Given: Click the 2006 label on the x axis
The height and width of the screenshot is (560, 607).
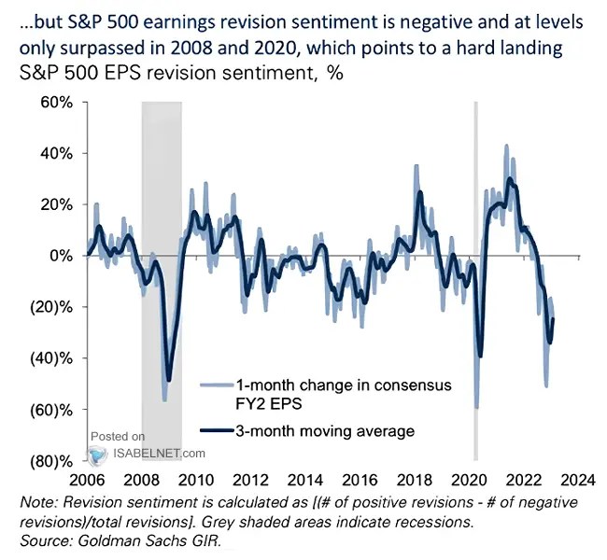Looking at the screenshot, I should (88, 482).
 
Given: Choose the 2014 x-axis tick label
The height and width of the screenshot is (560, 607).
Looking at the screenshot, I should (307, 482).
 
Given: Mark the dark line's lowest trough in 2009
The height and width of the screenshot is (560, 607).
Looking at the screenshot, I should (169, 380).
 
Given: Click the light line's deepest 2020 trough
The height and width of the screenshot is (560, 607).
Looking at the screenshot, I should (476, 408).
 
